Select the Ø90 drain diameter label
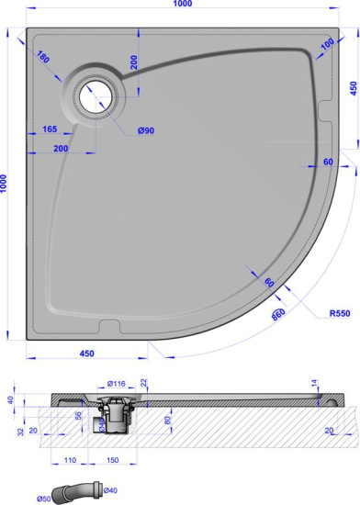pyautogui.click(x=146, y=130)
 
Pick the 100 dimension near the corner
pyautogui.click(x=327, y=45)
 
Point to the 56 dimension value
pyautogui.click(x=79, y=414)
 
